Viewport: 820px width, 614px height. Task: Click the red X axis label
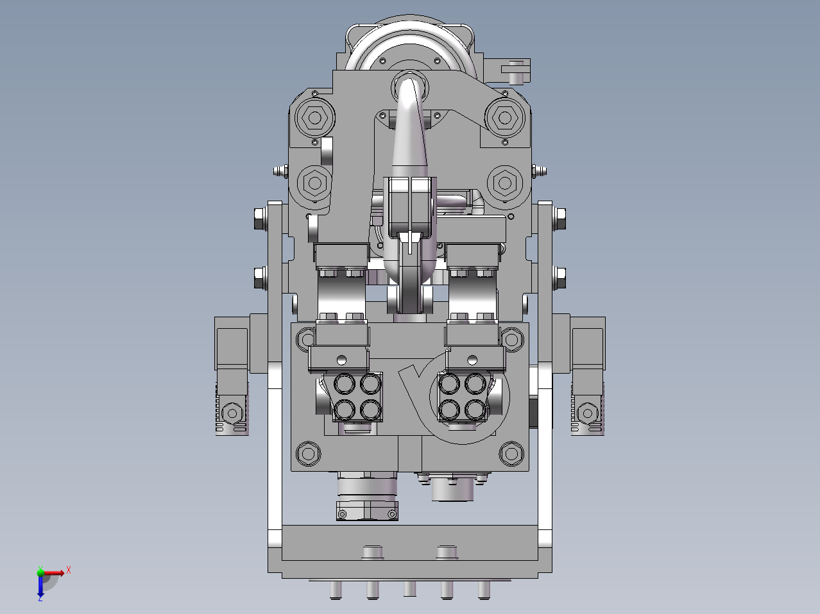click(69, 570)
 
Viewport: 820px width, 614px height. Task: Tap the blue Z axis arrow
click(40, 586)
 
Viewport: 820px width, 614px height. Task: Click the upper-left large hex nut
click(314, 118)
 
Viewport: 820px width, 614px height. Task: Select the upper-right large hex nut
click(505, 118)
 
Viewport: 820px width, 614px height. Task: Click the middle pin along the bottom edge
click(410, 588)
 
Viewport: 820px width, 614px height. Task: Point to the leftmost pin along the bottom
click(336, 590)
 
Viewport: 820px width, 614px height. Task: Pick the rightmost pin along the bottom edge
click(484, 590)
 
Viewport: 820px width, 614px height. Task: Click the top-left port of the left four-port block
click(345, 383)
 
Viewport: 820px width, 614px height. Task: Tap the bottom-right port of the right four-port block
click(475, 410)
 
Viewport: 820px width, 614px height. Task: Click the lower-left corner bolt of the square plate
click(308, 454)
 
